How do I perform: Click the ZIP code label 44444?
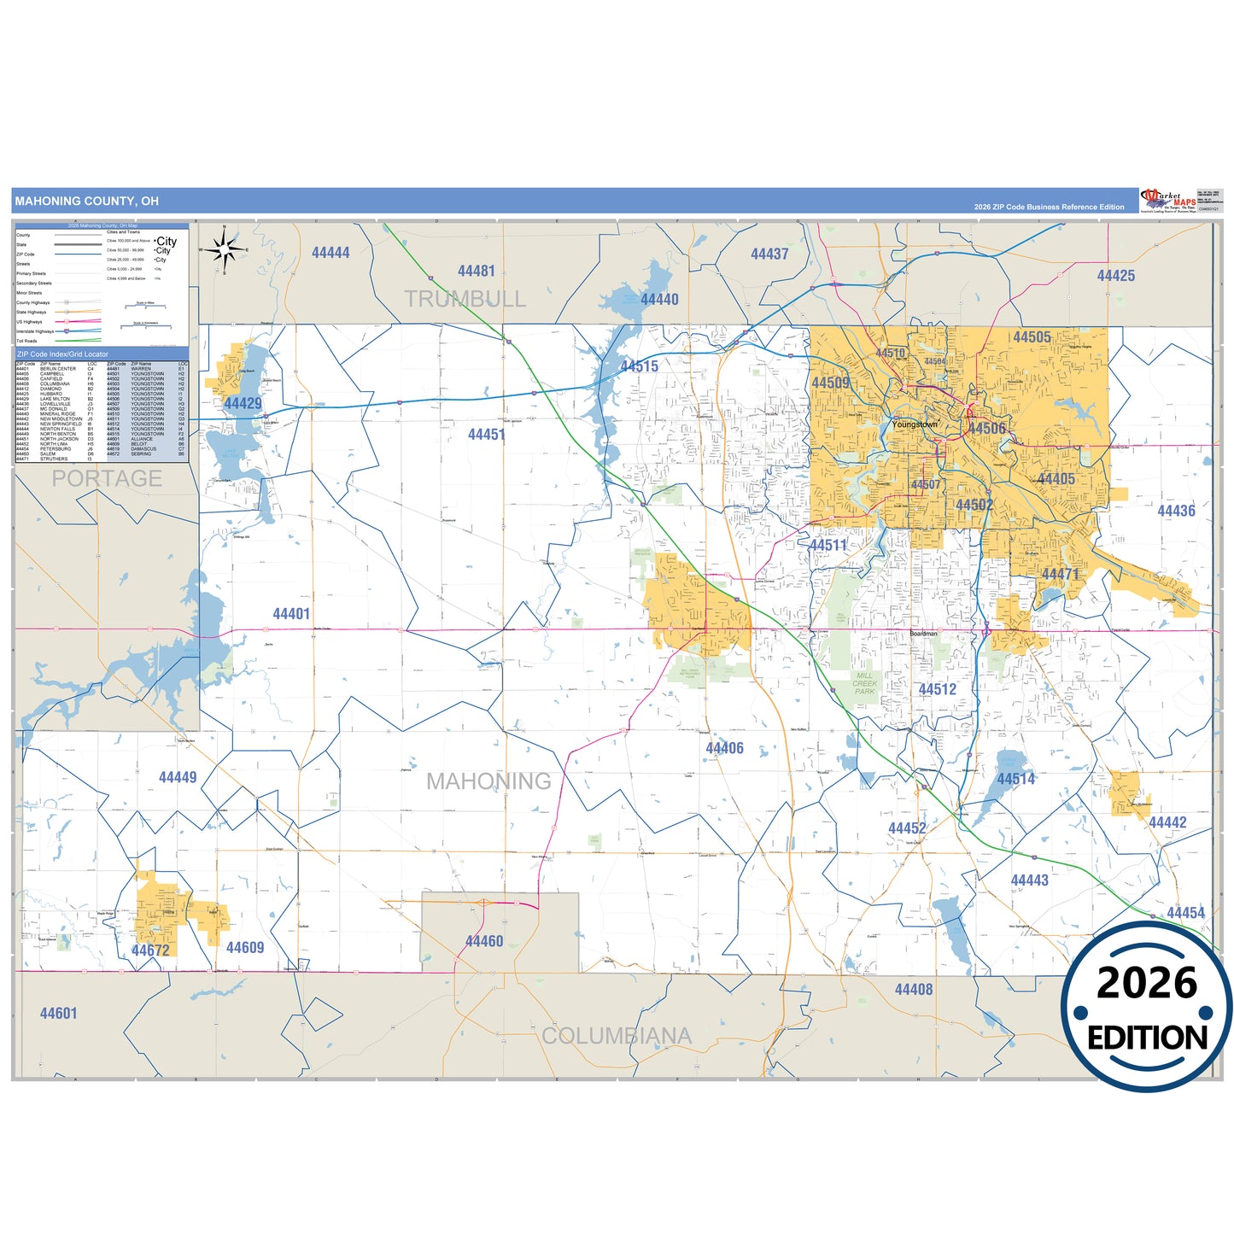pos(330,253)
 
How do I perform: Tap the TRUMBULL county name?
pos(465,299)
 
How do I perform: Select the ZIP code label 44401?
pos(291,614)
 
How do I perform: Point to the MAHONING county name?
pos(488,781)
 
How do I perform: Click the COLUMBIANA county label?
pos(616,1036)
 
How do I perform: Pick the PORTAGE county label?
pos(107,478)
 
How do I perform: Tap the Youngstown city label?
pos(915,424)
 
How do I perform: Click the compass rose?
pos(224,249)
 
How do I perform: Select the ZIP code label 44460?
pos(484,941)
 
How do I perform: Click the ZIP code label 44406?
pos(724,748)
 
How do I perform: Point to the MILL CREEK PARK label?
pos(864,683)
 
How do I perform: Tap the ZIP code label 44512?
pos(937,689)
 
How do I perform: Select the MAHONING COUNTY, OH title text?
pos(86,202)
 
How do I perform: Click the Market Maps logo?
pos(1168,201)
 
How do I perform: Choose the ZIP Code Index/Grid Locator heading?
pos(63,354)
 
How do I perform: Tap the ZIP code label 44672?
pos(150,950)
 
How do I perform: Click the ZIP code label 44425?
pos(1115,276)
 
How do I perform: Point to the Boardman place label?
pos(923,634)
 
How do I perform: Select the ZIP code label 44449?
pos(178,777)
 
